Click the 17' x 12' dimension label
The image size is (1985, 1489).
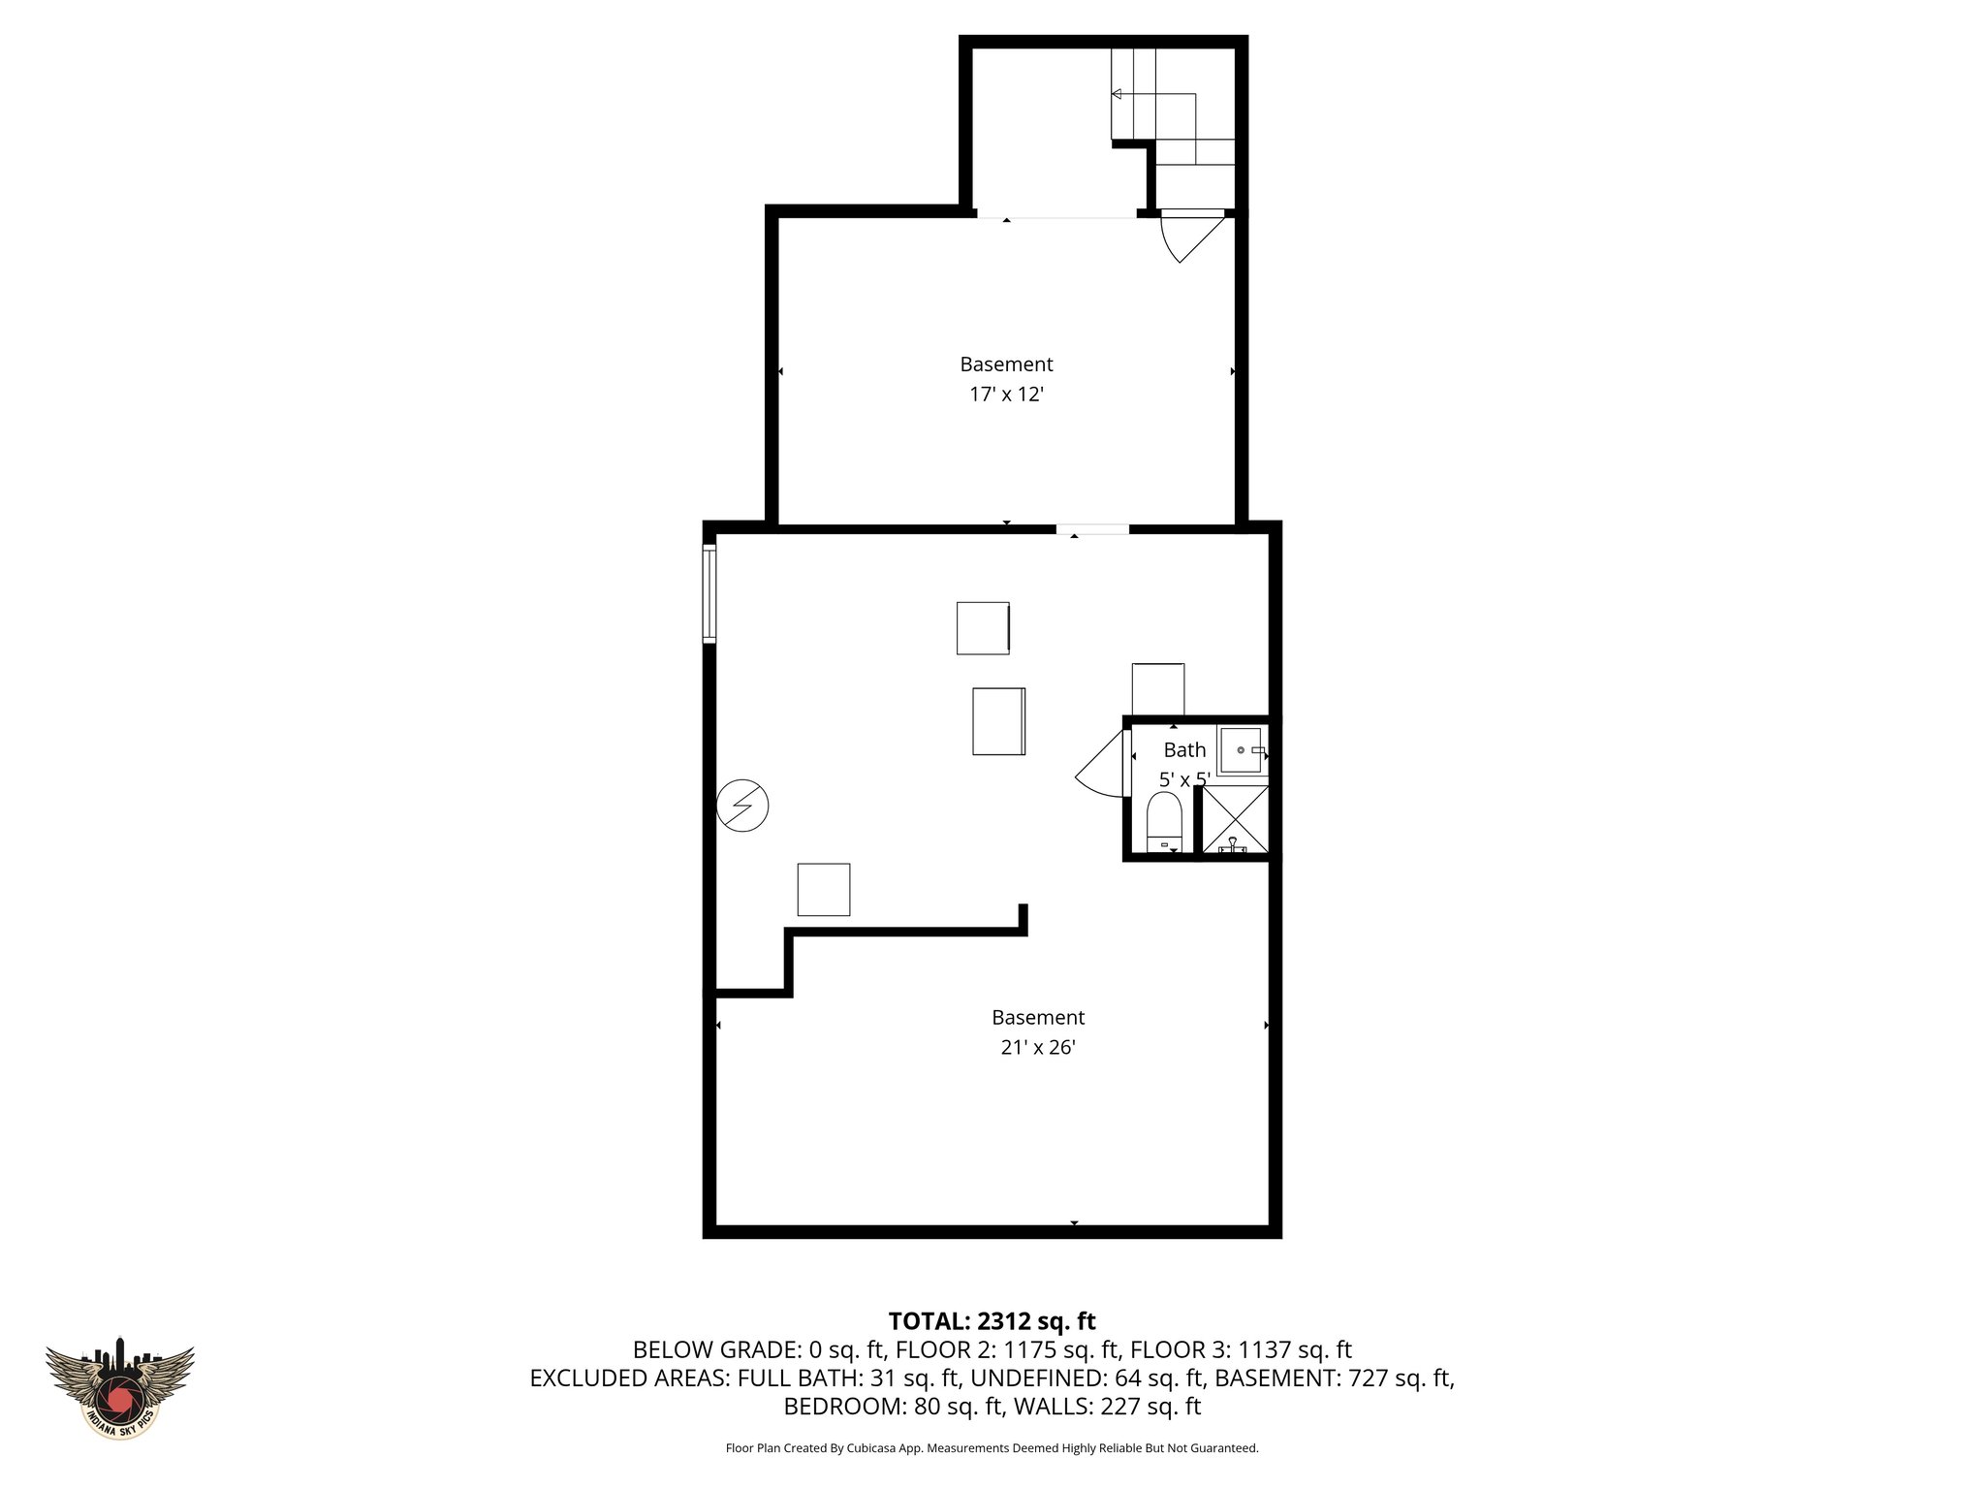1006,395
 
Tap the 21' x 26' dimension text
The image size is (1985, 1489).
1038,1048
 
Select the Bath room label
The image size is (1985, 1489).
1184,750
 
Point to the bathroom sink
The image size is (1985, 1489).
1241,750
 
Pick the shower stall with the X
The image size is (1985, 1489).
1235,820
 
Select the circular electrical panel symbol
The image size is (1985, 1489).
742,806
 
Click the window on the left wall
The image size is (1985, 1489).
709,594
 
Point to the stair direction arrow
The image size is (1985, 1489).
1117,94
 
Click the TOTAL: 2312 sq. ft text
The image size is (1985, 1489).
992,1321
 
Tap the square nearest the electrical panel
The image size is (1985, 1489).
824,890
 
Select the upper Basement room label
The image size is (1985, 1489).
1006,364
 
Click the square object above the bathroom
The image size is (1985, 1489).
1158,689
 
